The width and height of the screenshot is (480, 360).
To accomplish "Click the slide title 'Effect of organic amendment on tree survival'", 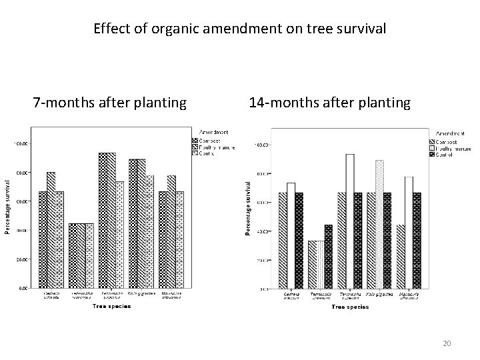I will click(x=239, y=29).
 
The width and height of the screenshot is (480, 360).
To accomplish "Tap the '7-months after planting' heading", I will click(x=110, y=103).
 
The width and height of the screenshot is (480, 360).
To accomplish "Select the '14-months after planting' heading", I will click(x=329, y=103).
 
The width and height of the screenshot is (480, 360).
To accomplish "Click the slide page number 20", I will click(x=447, y=343).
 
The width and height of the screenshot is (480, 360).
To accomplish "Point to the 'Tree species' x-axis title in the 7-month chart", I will click(x=112, y=306).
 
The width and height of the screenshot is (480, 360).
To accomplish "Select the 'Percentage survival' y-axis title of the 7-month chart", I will click(x=7, y=199).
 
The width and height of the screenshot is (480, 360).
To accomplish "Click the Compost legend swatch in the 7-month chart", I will click(x=195, y=141).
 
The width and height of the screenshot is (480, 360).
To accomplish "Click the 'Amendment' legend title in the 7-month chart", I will click(x=211, y=132).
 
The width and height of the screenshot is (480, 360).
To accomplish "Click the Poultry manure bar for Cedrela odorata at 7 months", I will click(x=51, y=230).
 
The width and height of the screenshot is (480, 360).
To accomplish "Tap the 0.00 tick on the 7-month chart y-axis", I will click(x=22, y=289).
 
